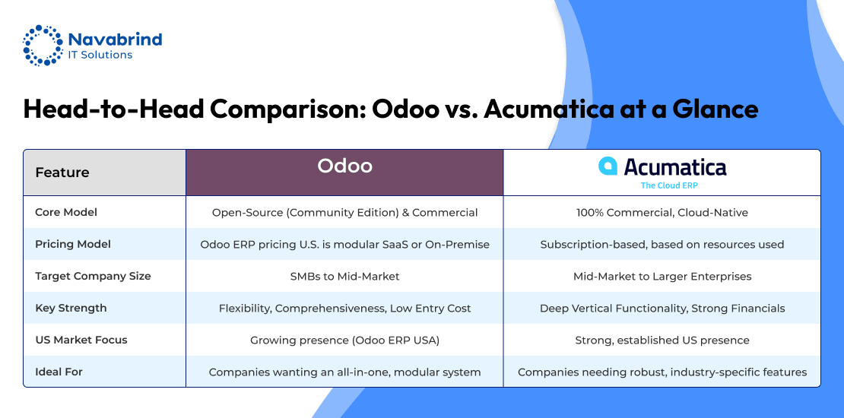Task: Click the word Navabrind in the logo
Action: (x=115, y=39)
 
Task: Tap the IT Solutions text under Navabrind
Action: (x=100, y=55)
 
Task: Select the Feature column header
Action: (x=62, y=173)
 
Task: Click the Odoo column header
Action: (x=344, y=166)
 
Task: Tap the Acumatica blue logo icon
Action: (x=608, y=166)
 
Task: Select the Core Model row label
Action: (x=66, y=213)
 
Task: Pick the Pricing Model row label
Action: (x=73, y=244)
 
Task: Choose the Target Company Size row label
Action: (x=93, y=276)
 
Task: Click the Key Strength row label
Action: (x=71, y=309)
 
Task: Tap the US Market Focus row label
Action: (x=81, y=340)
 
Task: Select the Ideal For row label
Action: (x=59, y=372)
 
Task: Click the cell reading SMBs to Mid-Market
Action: (x=344, y=277)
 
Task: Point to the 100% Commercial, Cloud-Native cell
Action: (x=662, y=213)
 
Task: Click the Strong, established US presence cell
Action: (x=662, y=340)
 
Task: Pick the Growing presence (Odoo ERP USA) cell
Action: (x=344, y=340)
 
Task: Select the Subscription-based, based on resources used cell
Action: (x=662, y=244)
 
